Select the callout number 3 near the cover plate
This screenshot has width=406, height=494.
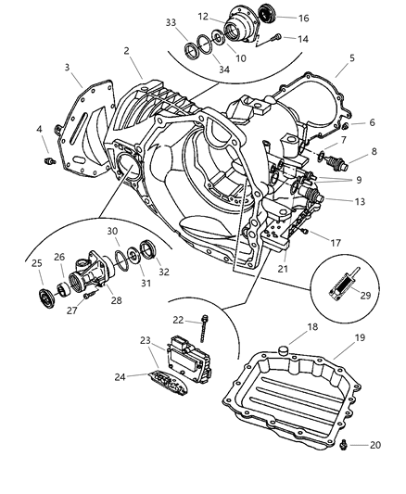click(x=68, y=69)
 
